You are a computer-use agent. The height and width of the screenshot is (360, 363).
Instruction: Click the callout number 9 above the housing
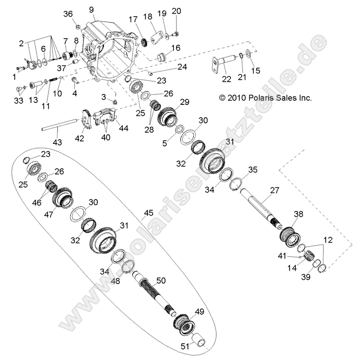(91, 10)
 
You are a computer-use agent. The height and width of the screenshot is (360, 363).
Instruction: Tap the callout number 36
(67, 14)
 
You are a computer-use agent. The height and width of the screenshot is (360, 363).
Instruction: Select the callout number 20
(176, 11)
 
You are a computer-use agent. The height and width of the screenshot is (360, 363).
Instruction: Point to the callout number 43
(56, 143)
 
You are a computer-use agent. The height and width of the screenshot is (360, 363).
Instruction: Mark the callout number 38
(298, 214)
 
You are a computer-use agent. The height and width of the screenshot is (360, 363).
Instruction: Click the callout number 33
(18, 101)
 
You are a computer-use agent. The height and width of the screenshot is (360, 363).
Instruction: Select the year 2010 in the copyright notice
(236, 98)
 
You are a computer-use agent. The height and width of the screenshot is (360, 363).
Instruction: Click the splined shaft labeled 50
(153, 291)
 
